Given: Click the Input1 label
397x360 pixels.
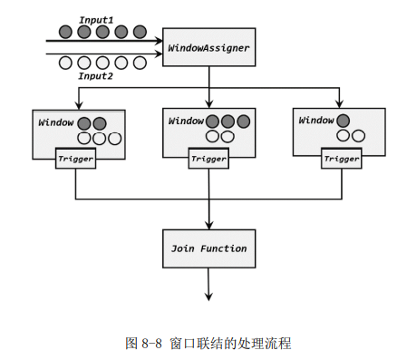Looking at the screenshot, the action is point(96,20).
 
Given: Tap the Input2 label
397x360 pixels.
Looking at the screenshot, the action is point(95,76).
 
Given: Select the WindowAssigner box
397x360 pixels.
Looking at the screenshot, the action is point(209,47).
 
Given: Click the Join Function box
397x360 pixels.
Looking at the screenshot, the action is point(209,248).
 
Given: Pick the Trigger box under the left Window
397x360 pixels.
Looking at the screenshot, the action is point(75,159).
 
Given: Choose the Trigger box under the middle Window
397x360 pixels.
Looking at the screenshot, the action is point(208,159).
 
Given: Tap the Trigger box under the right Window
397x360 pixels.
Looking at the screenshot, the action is point(342,159).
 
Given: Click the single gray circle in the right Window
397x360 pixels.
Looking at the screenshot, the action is point(343,121).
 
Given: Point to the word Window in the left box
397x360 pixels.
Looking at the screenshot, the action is point(56,122).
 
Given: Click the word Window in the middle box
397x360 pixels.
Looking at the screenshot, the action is point(186,121).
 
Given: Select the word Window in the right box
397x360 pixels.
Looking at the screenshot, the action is point(316,121).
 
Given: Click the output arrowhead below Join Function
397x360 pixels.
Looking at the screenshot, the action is point(208,297).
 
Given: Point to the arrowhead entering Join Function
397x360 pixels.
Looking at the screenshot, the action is point(209,225).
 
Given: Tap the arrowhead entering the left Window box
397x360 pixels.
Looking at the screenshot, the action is point(79,105).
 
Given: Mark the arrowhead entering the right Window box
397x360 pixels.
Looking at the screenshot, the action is point(339,103).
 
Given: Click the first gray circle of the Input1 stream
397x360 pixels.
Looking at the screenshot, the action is point(65,32).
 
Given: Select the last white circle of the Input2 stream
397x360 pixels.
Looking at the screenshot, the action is point(140,63).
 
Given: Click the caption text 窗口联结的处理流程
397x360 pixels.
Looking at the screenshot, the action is point(230,344).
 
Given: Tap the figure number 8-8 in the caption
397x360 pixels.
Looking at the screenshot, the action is point(151,344).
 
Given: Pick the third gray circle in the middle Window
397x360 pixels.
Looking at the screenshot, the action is point(244,122).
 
